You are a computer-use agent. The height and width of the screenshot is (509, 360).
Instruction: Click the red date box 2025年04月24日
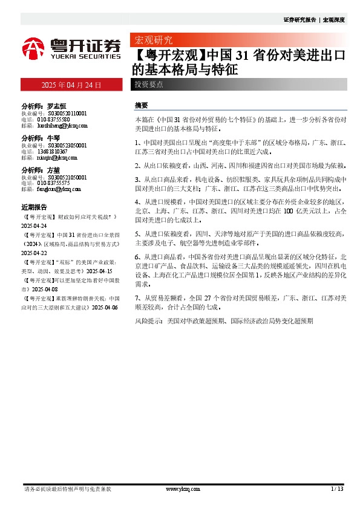(x=71, y=85)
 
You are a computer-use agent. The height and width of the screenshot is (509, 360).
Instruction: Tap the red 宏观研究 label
(x=152, y=41)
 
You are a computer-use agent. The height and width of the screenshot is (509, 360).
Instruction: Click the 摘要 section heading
(x=141, y=105)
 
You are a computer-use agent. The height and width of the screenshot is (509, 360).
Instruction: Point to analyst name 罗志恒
(x=57, y=105)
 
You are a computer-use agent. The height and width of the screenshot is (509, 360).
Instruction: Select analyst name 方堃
(x=54, y=170)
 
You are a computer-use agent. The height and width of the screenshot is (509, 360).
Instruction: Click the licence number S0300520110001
(x=64, y=113)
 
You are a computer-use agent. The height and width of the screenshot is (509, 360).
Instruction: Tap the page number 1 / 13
(x=338, y=488)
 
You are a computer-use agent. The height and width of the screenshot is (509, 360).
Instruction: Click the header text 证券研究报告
(x=299, y=19)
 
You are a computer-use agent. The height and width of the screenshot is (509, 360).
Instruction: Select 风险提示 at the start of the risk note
(x=148, y=322)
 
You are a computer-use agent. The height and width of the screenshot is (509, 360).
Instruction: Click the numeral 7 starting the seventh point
(x=137, y=298)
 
